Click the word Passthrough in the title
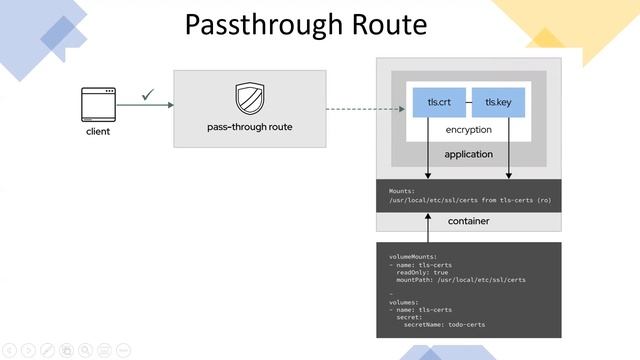click(262, 24)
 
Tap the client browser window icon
click(98, 104)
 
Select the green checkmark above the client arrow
click(148, 94)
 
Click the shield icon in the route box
click(249, 99)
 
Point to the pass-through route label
click(249, 128)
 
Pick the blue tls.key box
click(498, 102)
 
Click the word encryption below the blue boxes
click(468, 130)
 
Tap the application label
click(468, 155)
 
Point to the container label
click(468, 219)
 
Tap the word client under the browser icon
click(98, 132)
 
